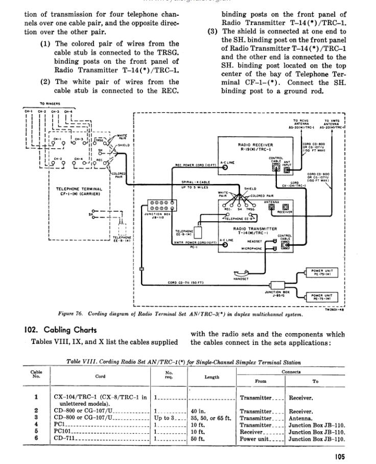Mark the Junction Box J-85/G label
point(278,294)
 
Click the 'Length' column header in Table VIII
point(212,377)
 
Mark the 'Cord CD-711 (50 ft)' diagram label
point(186,283)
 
